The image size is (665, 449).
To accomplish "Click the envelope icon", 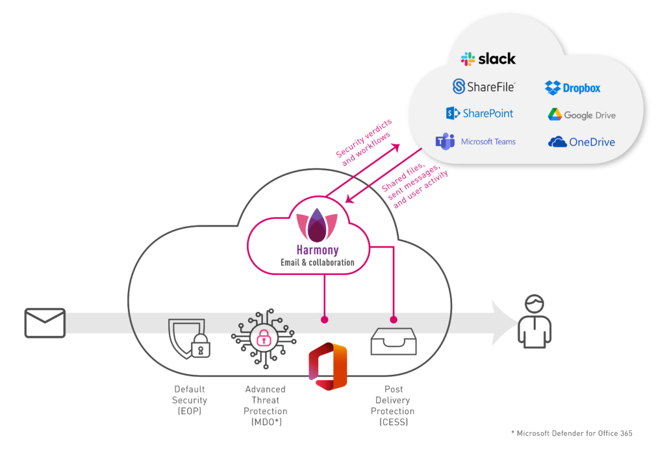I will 45,323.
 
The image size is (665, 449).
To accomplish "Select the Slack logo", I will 488,58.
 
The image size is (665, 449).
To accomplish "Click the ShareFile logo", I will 484,86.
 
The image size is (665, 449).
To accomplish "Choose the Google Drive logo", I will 581,115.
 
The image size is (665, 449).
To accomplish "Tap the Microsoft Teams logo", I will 475,141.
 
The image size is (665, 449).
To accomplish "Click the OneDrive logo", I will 581,142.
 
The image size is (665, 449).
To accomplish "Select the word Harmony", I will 318,250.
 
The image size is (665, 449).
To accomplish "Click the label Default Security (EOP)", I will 190,400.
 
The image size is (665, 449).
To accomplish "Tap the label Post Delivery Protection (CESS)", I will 392,405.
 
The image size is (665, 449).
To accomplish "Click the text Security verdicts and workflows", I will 363,136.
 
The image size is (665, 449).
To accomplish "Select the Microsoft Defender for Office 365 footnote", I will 571,433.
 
